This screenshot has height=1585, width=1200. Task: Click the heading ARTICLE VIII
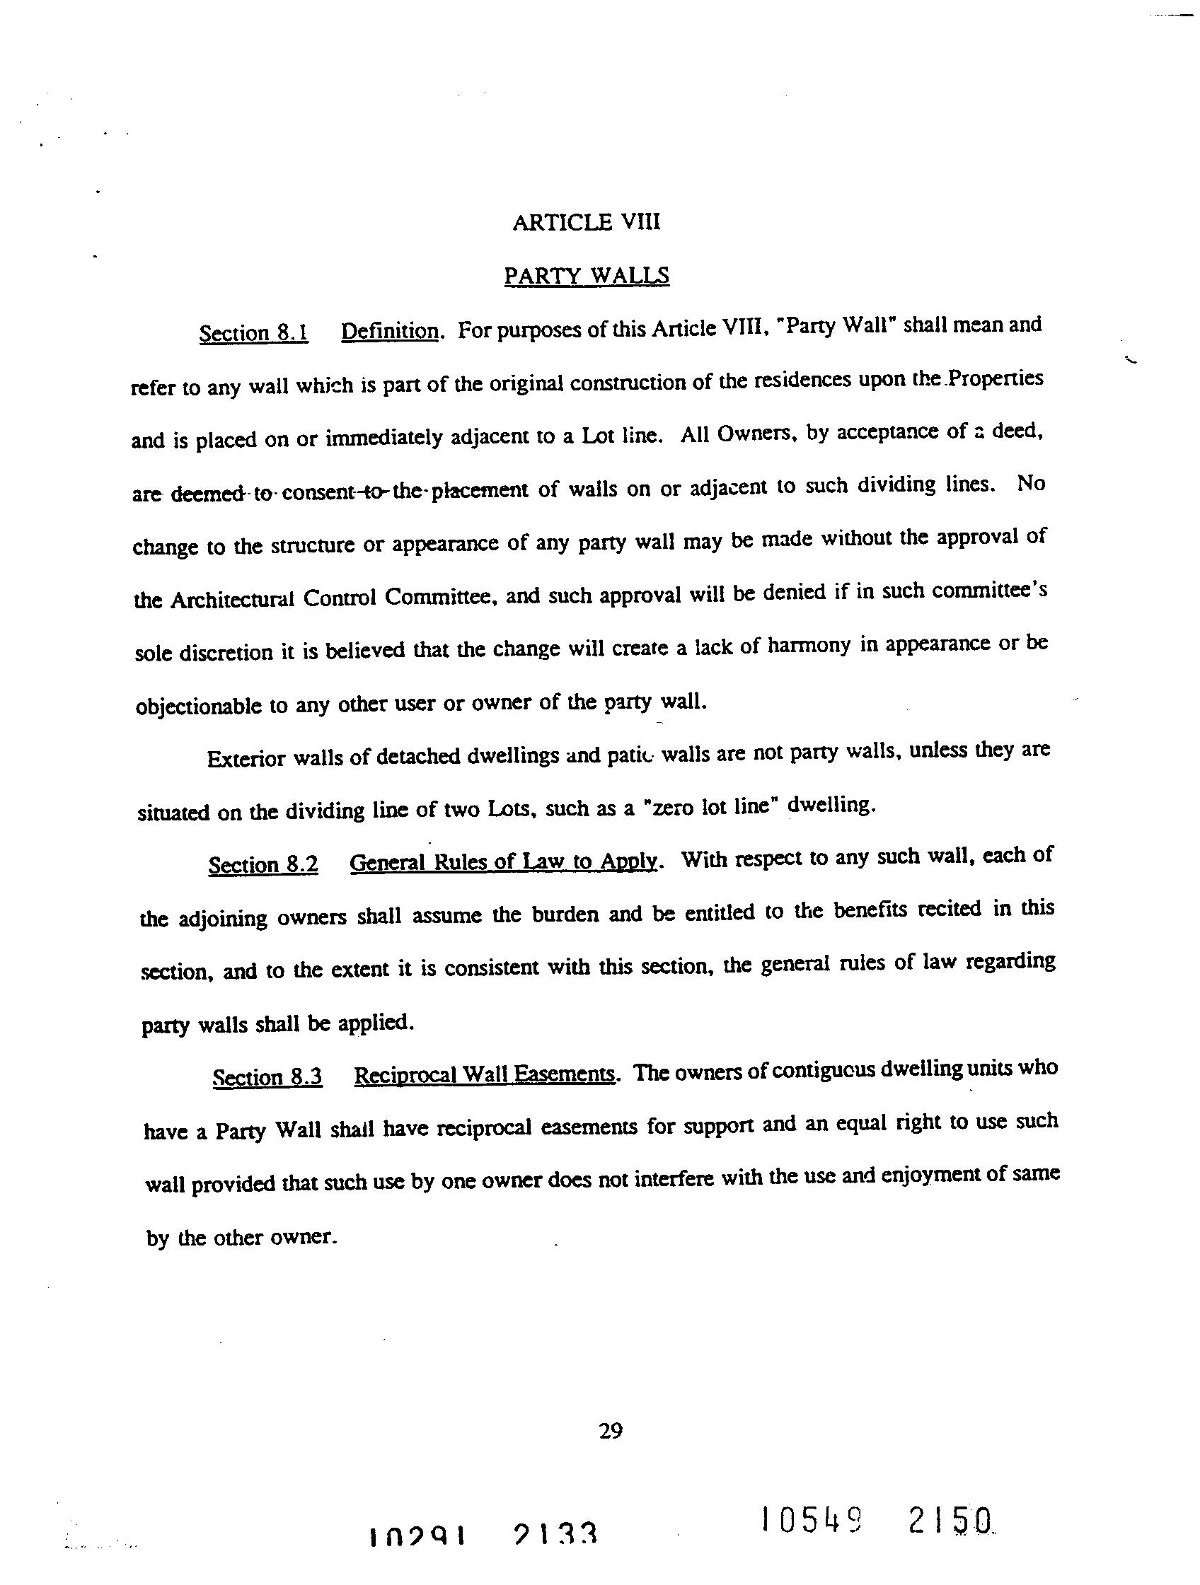click(586, 223)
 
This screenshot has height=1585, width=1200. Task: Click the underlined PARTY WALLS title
click(587, 276)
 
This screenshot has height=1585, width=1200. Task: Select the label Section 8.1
click(254, 333)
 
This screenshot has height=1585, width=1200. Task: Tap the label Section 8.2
click(263, 865)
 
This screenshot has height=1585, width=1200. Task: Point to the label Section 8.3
click(267, 1078)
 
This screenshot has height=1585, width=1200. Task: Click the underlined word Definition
click(389, 331)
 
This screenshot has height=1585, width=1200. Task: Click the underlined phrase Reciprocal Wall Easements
click(485, 1075)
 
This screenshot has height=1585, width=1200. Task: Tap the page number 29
click(611, 1431)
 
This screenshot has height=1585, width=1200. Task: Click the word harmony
click(809, 646)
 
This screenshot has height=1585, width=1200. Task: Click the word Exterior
click(241, 759)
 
